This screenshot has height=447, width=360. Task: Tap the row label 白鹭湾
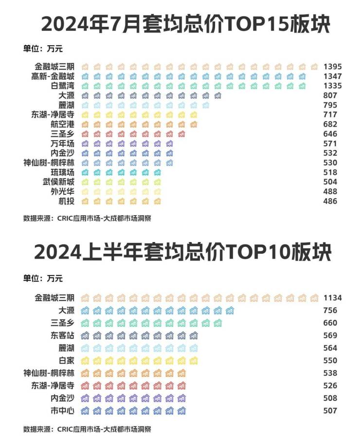point(63,86)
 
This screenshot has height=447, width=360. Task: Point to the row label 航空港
point(63,124)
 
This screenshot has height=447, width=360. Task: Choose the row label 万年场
point(63,144)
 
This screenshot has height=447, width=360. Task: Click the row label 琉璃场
point(63,172)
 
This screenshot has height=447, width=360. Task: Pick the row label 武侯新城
point(58,182)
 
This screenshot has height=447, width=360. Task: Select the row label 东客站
point(63,335)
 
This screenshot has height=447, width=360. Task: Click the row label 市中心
point(63,410)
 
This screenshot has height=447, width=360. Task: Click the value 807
point(330,95)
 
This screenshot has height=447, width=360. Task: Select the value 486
point(330,201)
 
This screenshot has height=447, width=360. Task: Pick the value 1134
point(333,298)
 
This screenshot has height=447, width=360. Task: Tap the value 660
point(330,323)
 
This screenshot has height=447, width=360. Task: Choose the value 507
point(330,410)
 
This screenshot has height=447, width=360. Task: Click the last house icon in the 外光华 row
point(157,191)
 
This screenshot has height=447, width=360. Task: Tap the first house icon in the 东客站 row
point(85,335)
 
